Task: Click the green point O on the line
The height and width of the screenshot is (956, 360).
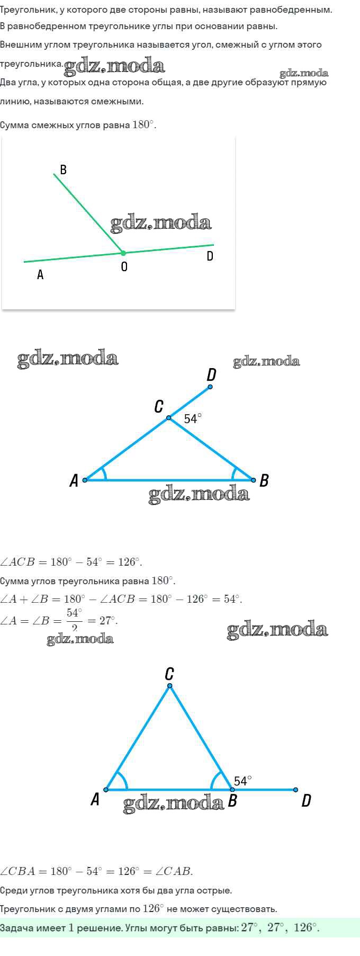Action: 123,253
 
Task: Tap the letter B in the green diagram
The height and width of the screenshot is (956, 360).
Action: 63,169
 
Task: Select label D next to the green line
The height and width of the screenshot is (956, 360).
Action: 210,256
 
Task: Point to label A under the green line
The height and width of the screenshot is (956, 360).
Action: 40,275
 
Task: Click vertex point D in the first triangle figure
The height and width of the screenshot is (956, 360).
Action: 210,387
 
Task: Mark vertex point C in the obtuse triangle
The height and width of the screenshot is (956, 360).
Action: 169,418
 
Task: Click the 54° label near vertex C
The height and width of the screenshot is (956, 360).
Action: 193,418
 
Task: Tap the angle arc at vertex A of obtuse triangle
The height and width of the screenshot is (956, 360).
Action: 104,473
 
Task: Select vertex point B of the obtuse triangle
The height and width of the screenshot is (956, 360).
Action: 254,480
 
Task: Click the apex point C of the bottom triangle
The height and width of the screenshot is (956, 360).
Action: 170,686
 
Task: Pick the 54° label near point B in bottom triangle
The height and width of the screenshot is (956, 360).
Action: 243,781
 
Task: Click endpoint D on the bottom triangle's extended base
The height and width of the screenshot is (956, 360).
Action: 295,790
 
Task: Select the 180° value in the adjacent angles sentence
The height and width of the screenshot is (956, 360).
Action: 143,125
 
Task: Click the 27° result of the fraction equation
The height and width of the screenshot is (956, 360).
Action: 107,620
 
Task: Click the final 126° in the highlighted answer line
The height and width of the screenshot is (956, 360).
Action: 305,928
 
